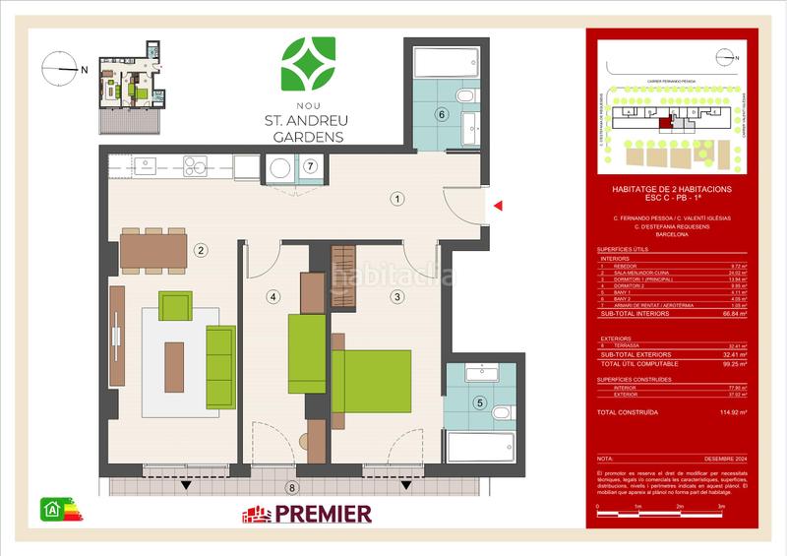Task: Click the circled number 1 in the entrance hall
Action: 396,199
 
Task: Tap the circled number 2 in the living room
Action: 200,250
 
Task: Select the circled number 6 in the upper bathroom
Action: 443,115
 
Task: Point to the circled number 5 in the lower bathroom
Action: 479,402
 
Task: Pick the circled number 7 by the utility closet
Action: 311,166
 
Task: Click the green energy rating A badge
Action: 50,510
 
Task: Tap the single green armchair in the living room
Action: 174,306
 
